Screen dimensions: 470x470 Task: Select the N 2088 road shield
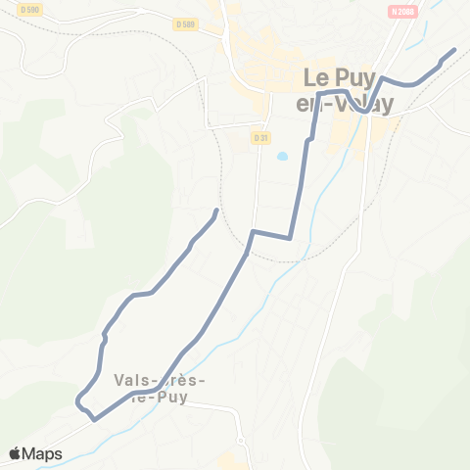coord(400,11)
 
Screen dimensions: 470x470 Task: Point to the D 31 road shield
coord(259,138)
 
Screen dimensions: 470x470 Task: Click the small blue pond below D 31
coord(282,156)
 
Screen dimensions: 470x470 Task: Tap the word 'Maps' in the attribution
coord(43,453)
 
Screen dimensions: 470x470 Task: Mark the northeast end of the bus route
coord(454,50)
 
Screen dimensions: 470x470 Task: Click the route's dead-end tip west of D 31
coord(215,211)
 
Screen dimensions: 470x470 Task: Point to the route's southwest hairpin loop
coord(79,399)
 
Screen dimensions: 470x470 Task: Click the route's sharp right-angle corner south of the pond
coord(290,236)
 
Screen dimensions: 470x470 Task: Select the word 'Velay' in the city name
coord(367,102)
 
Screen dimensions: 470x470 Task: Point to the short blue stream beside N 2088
coord(415,45)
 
